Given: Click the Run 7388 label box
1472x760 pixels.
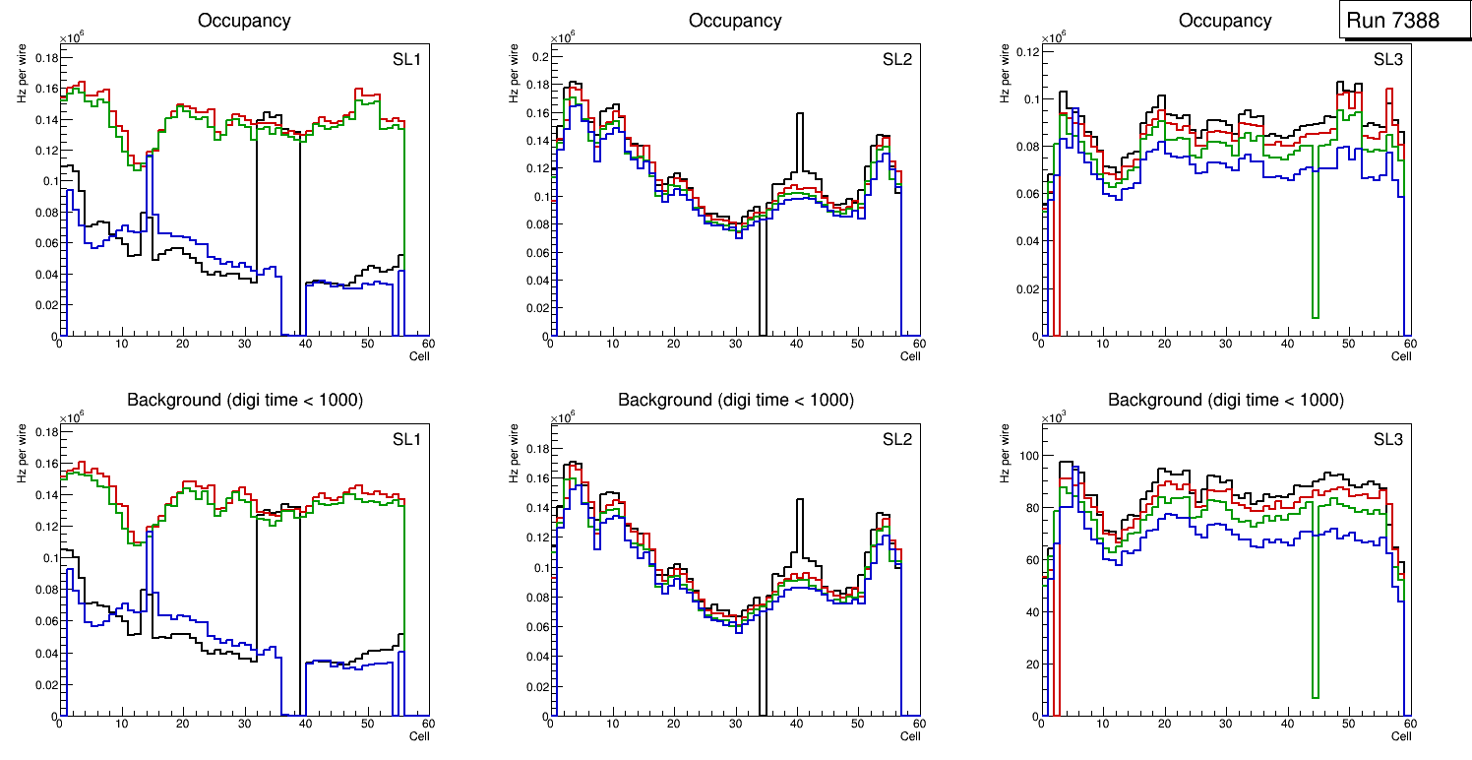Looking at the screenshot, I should (1400, 21).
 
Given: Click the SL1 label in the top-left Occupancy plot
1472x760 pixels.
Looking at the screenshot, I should (406, 60).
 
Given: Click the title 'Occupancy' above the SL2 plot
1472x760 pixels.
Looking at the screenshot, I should (735, 21).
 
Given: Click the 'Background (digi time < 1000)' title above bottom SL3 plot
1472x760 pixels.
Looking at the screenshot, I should (1225, 401).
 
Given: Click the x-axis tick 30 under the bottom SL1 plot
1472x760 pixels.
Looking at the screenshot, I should (244, 725).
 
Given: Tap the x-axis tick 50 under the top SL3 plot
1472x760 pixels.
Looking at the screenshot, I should (1348, 344).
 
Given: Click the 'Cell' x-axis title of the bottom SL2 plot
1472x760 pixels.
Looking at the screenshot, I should (910, 736).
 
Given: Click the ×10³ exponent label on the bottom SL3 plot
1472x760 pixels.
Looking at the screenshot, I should (1054, 418).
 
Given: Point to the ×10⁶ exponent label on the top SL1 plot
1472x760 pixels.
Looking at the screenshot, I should (72, 37).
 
